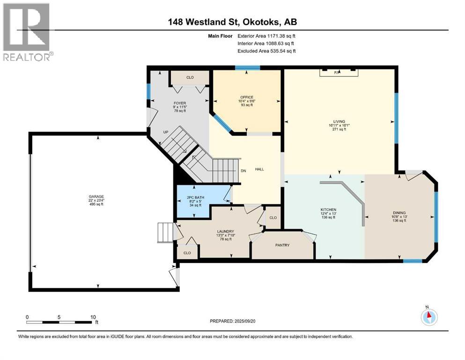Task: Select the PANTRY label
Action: click(x=282, y=245)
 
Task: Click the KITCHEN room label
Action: click(x=329, y=210)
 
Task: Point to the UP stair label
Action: click(x=165, y=132)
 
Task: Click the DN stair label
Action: click(x=243, y=171)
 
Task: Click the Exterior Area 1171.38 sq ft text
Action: click(x=266, y=36)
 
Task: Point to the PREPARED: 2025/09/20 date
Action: click(x=233, y=321)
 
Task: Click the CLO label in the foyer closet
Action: click(x=190, y=77)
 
